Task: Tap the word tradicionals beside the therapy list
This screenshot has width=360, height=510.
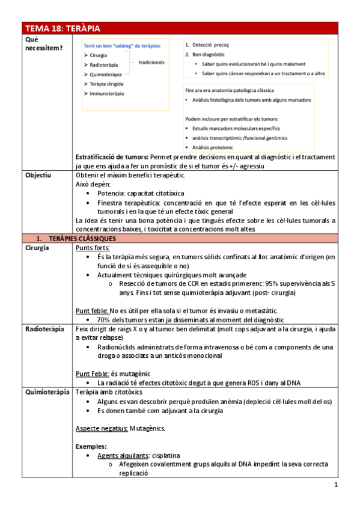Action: pos(151,62)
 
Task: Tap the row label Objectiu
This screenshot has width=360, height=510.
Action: pos(38,175)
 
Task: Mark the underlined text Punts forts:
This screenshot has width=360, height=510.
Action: pos(92,248)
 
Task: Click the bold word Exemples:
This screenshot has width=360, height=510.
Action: pos(91,446)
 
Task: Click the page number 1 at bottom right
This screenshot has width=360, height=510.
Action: pos(335,485)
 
